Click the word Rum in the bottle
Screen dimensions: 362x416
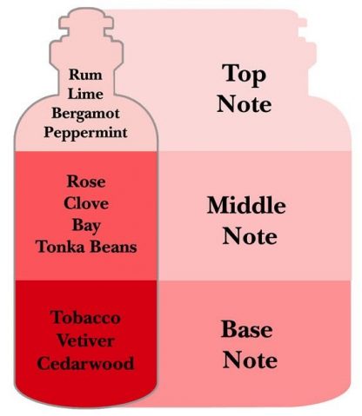click(85, 75)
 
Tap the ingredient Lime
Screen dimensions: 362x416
click(85, 94)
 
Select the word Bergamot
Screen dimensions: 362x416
click(85, 114)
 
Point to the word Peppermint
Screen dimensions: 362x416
click(85, 133)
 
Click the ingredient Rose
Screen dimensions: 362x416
click(86, 182)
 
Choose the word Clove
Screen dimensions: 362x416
click(86, 203)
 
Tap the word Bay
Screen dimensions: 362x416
click(86, 226)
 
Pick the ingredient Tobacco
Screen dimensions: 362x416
click(85, 318)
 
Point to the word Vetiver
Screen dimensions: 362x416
click(85, 340)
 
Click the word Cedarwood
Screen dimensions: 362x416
click(85, 363)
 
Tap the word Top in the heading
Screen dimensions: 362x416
click(245, 76)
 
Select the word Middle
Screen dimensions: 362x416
click(246, 205)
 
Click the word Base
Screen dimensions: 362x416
click(247, 329)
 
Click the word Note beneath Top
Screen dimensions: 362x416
click(245, 104)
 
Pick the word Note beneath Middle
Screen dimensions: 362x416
click(250, 236)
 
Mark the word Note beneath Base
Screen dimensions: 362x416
click(250, 360)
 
